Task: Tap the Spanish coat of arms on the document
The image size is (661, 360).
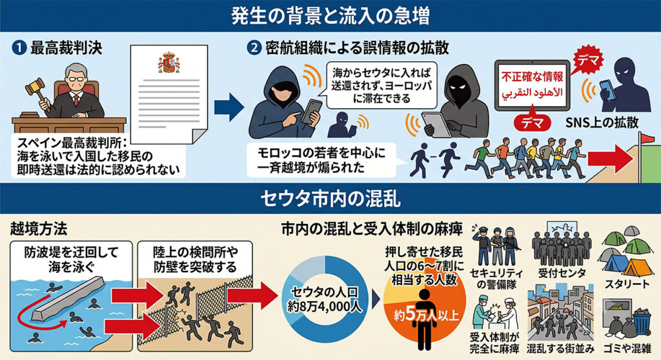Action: pos(169,63)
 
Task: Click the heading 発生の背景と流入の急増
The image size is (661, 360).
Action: pos(330,16)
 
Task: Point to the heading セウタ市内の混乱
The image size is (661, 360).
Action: pos(330,199)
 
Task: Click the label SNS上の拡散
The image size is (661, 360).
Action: pos(602,123)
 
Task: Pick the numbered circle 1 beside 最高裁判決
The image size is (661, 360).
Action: pos(19,48)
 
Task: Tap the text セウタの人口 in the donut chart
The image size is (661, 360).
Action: pos(324,292)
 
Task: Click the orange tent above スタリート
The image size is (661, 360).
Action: pos(638,267)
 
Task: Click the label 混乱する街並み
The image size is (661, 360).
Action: pos(560,348)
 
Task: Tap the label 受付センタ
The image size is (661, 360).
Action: pos(562,273)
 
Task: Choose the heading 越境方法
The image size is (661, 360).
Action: pos(39,229)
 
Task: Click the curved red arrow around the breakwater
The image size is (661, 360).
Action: pos(41,313)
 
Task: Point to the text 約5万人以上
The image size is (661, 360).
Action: pos(426,315)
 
